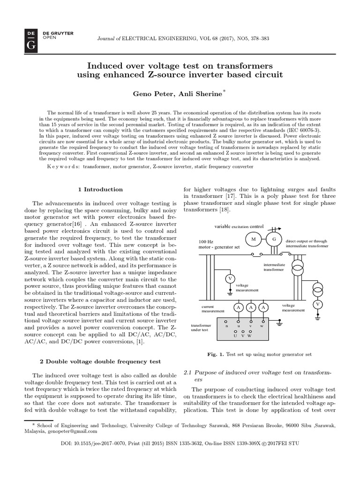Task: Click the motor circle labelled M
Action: point(254,239)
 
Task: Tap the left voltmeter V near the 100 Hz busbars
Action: point(230,279)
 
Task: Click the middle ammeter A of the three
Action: point(251,307)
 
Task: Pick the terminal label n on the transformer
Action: point(227,325)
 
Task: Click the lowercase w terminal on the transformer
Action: point(262,325)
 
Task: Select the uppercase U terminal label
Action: point(235,336)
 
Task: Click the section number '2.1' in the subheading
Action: point(187,372)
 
